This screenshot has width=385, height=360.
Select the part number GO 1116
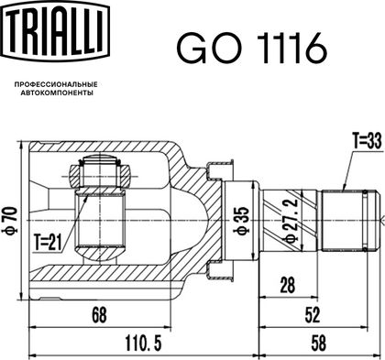click(x=251, y=49)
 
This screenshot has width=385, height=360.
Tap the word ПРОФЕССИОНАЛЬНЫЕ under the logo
click(x=56, y=84)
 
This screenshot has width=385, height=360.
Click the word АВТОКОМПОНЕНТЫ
click(x=57, y=93)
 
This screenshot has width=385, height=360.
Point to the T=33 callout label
click(x=368, y=141)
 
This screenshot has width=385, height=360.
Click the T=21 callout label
click(x=48, y=243)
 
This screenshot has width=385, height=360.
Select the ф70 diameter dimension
click(x=10, y=220)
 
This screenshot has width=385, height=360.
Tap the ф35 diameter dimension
click(x=242, y=220)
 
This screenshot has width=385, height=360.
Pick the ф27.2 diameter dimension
click(x=291, y=220)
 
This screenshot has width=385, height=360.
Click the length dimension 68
click(x=100, y=315)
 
